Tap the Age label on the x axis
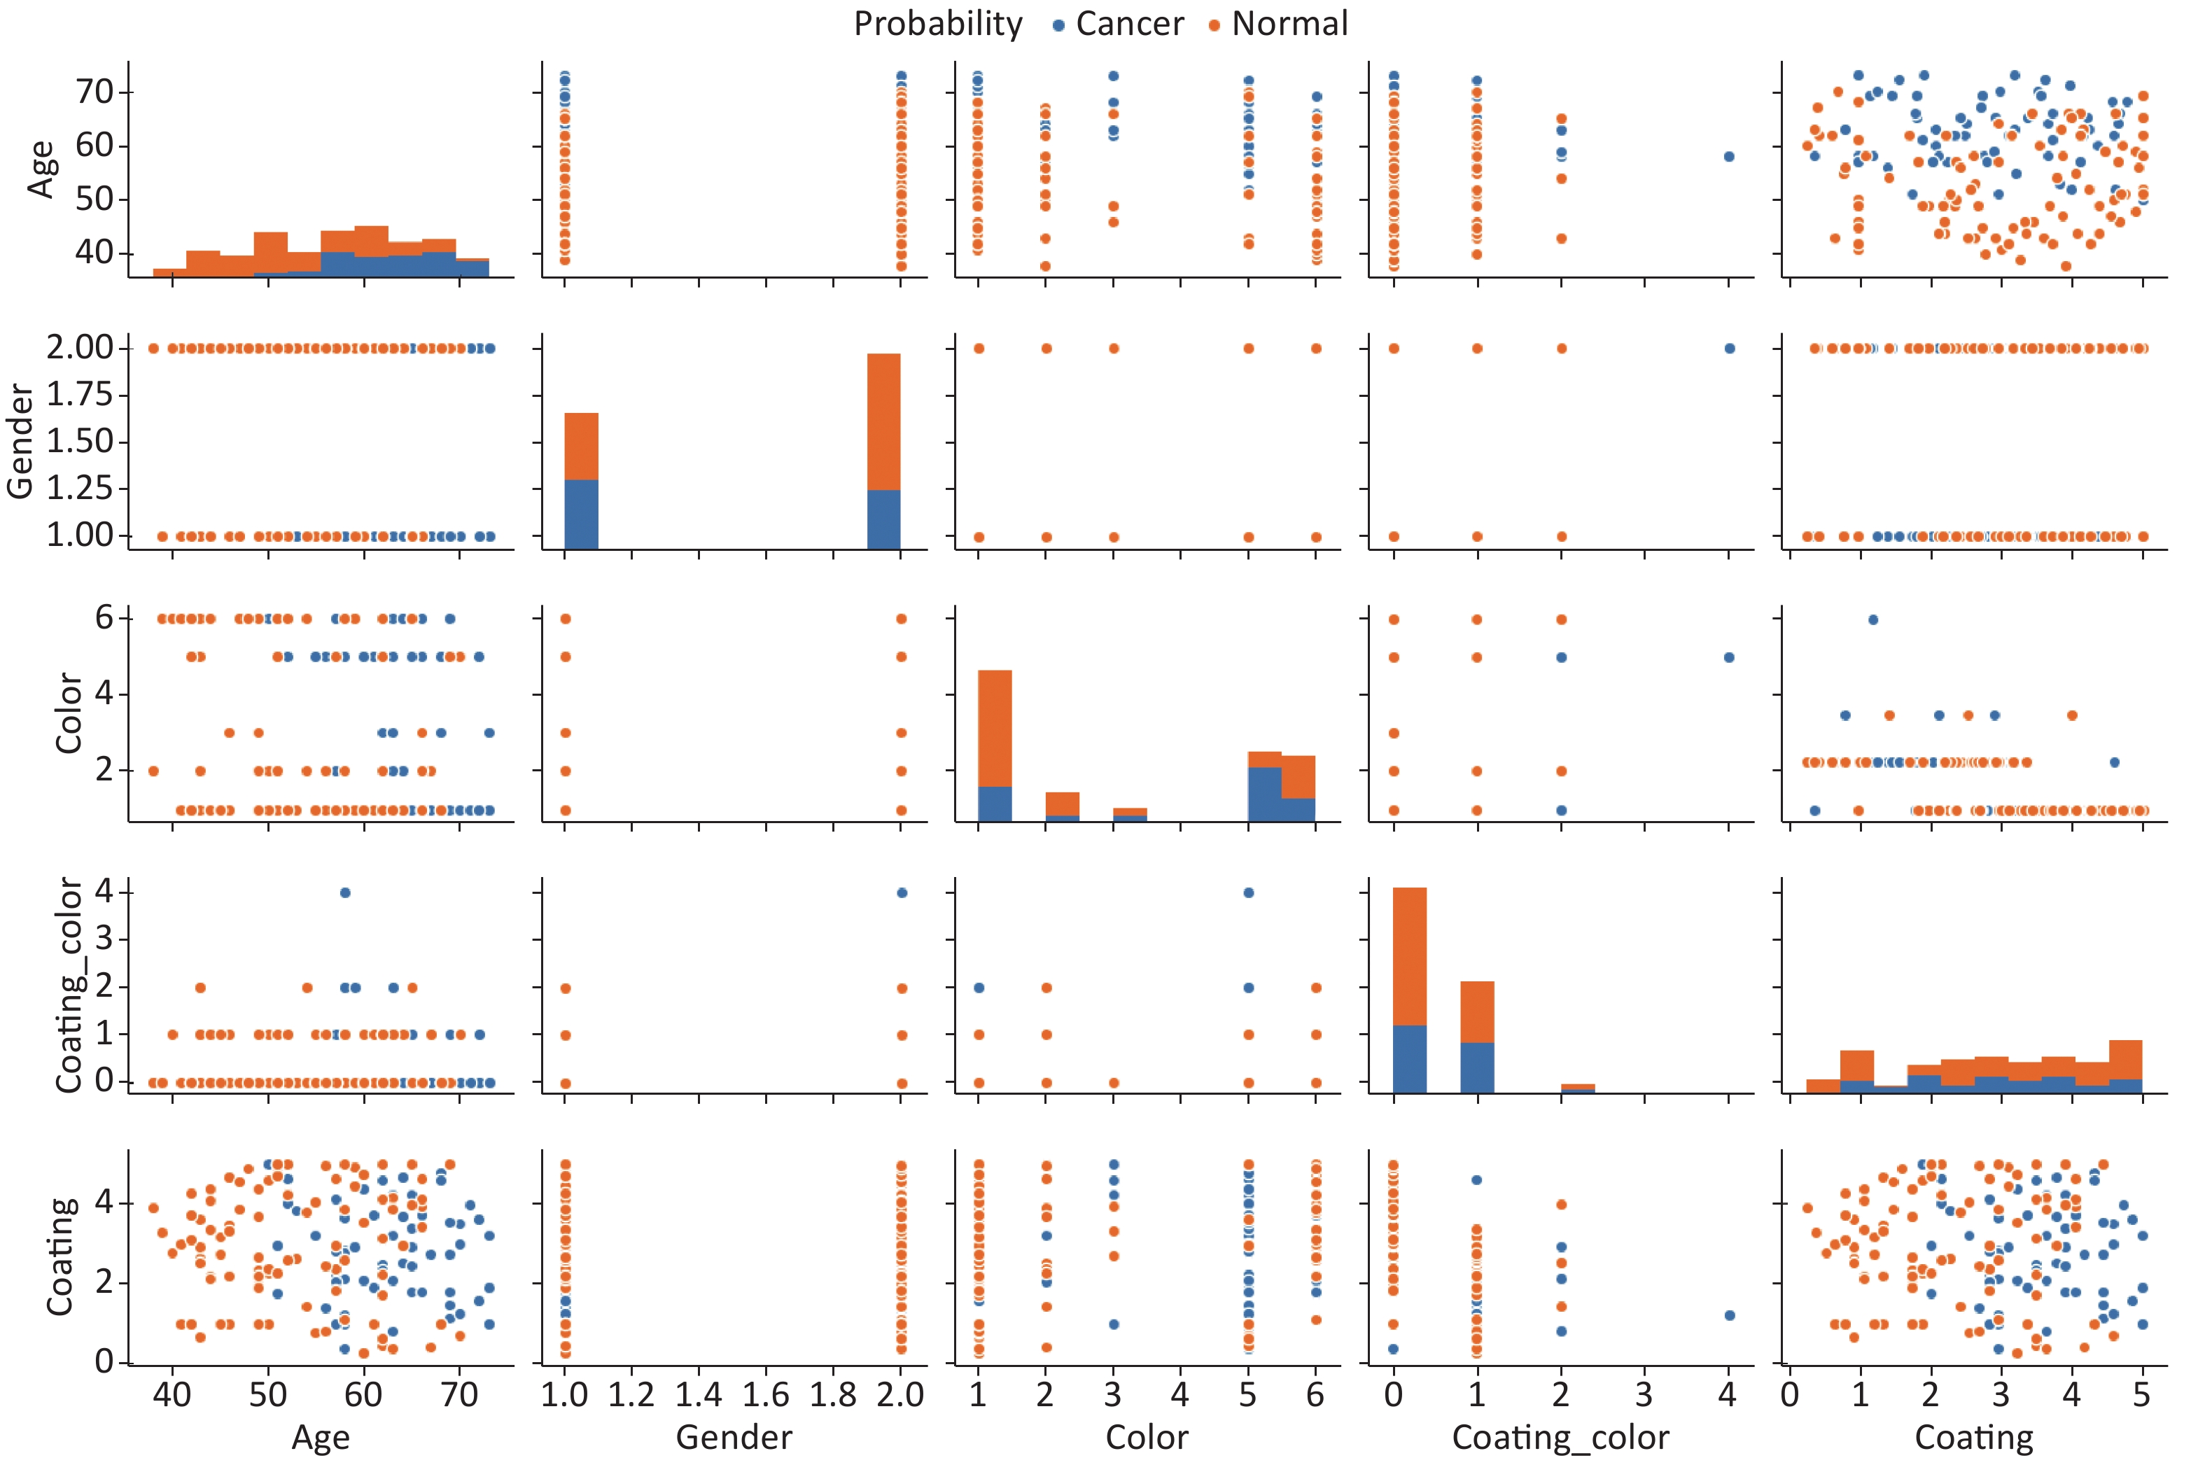click(x=321, y=1437)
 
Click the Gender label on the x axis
click(x=734, y=1437)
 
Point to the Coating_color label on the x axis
click(x=1560, y=1437)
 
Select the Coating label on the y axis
click(x=62, y=1256)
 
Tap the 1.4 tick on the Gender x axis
click(x=699, y=1394)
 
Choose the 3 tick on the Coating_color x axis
click(x=1644, y=1394)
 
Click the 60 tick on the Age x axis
click(x=363, y=1394)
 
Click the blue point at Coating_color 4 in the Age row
click(x=1728, y=157)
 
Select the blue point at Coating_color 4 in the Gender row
click(x=1728, y=349)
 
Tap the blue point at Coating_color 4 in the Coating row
click(x=1728, y=1315)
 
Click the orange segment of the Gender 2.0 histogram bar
click(x=884, y=421)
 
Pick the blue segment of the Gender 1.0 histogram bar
click(x=581, y=514)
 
